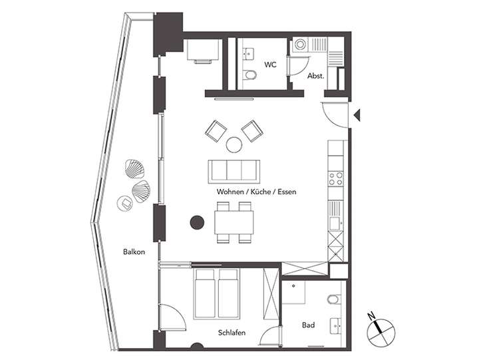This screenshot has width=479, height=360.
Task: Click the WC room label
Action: click(270, 65)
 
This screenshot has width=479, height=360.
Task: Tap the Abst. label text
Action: click(315, 76)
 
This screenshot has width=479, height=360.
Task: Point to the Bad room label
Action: click(308, 325)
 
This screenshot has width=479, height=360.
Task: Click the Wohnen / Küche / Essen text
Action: click(256, 192)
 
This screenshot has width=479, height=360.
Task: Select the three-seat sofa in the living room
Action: click(234, 170)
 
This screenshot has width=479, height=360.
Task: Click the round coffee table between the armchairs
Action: click(234, 144)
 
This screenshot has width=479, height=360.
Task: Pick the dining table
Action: click(234, 222)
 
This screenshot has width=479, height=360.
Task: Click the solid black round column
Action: click(196, 223)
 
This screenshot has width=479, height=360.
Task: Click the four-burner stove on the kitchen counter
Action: click(336, 178)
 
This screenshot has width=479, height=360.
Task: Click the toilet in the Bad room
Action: click(335, 299)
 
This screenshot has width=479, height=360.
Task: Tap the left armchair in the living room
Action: click(216, 130)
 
